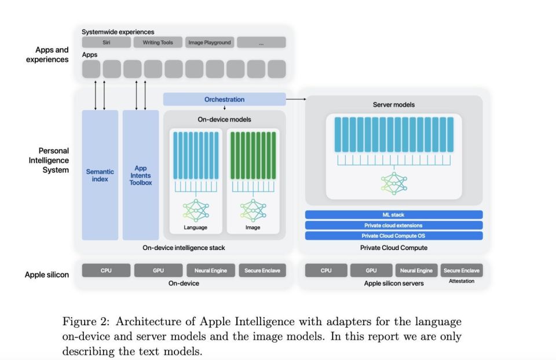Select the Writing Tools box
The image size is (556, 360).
pos(158,42)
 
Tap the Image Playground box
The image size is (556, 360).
pos(210,42)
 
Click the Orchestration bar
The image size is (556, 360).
pos(224,100)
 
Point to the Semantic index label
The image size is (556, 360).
pos(100,175)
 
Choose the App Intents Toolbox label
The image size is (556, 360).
pos(141,175)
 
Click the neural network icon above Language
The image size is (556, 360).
pos(196,210)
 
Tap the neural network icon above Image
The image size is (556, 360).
pos(253,210)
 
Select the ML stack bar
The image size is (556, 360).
pos(393,215)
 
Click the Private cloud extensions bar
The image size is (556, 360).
pos(393,225)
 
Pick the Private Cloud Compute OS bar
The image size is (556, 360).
pos(393,236)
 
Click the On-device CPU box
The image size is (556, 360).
pos(106,270)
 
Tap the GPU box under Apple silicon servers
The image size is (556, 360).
pos(371,270)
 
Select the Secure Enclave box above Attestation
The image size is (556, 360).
pos(462,270)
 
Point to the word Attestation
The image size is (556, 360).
pos(462,281)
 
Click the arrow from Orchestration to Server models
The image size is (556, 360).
pos(295,100)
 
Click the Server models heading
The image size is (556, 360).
pos(393,105)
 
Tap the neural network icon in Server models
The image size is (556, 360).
pos(393,182)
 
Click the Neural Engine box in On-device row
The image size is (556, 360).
pos(210,270)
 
